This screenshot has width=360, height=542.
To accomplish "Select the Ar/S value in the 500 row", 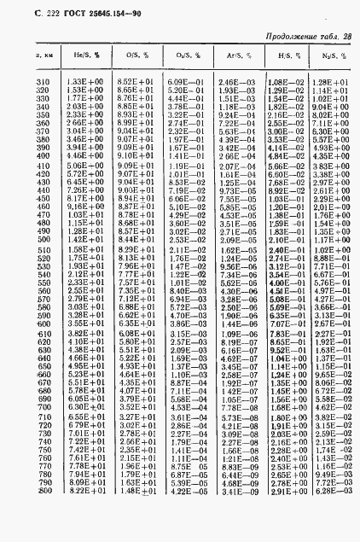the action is coord(233,241).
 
